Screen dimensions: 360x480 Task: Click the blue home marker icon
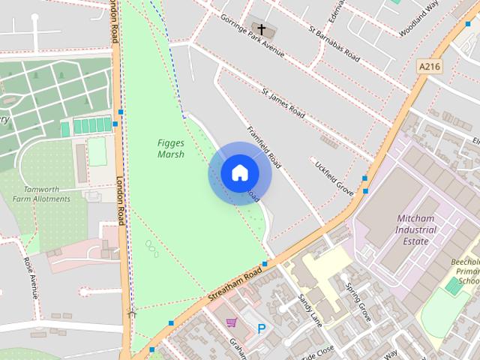[239, 173]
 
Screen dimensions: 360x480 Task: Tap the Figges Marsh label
[171, 148]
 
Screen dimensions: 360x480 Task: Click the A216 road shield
[429, 67]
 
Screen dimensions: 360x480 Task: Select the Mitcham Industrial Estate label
[416, 229]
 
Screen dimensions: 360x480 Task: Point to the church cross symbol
[262, 29]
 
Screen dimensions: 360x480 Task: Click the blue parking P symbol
[262, 328]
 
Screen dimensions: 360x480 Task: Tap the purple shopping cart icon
[232, 322]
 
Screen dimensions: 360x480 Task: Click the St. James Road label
[283, 103]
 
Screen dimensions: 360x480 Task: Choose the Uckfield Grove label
[334, 177]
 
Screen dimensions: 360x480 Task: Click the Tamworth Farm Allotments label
[46, 193]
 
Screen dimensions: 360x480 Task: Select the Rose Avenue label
[30, 277]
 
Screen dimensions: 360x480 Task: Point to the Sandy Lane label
[309, 309]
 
